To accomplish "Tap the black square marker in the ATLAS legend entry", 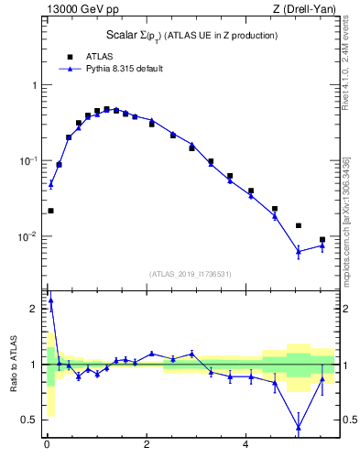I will [x=69, y=56].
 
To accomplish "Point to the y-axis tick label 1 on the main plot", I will [x=35, y=85].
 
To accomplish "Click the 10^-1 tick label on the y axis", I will [x=30, y=160].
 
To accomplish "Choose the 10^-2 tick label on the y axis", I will [x=30, y=236].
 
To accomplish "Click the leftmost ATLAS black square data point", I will [x=50, y=211].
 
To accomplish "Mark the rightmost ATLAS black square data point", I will [x=322, y=240].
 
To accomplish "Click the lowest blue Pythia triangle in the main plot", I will [x=298, y=251].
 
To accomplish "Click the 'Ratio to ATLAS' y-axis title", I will [x=14, y=365].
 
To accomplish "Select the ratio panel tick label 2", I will [x=35, y=309].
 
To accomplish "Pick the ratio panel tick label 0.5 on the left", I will [x=31, y=420].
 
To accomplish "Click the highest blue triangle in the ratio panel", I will [x=50, y=300].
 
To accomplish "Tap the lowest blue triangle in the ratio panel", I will [x=298, y=427].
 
